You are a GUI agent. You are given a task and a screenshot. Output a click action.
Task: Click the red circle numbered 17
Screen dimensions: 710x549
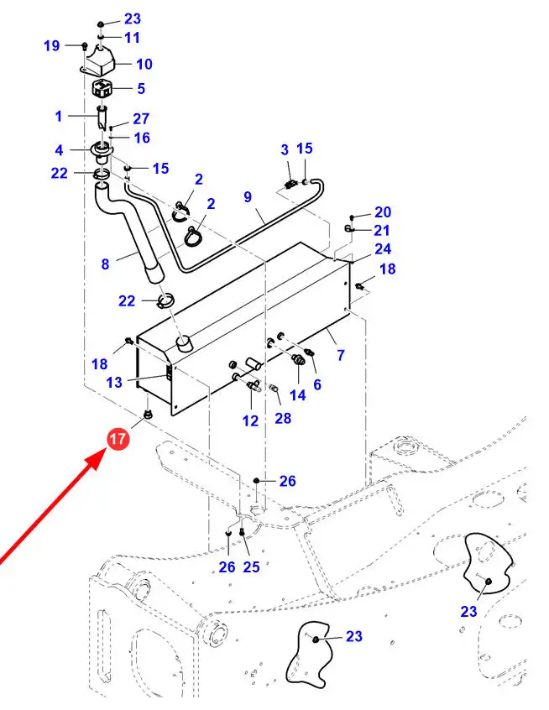118,438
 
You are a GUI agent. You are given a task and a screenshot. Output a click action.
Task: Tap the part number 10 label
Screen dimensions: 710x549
144,64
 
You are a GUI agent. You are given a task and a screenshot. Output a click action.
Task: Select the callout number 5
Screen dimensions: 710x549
140,88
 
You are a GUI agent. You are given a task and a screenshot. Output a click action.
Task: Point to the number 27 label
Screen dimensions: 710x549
140,119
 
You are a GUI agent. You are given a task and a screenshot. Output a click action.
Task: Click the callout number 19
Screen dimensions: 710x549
51,45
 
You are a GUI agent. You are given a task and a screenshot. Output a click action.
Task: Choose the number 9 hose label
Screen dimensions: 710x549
248,197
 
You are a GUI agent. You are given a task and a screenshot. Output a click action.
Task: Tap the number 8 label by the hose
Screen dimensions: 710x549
105,264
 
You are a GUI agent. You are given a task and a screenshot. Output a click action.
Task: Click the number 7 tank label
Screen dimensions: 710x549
341,357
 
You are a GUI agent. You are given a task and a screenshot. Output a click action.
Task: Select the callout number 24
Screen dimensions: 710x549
383,248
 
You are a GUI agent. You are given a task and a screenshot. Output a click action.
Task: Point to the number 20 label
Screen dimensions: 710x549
383,212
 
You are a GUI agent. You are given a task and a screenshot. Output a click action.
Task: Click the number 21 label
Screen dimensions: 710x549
383,230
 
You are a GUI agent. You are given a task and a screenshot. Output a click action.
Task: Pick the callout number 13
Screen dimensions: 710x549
114,382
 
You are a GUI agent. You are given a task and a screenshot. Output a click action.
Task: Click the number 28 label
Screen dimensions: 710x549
283,417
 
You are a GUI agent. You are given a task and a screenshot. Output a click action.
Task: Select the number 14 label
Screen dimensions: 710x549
298,394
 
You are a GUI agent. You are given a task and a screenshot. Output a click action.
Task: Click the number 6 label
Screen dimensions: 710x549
317,384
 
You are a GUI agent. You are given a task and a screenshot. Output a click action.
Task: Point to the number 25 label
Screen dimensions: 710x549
251,567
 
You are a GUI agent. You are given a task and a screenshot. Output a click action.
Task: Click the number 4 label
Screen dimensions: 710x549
59,150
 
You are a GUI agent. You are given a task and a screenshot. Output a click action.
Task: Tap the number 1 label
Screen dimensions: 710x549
59,116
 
